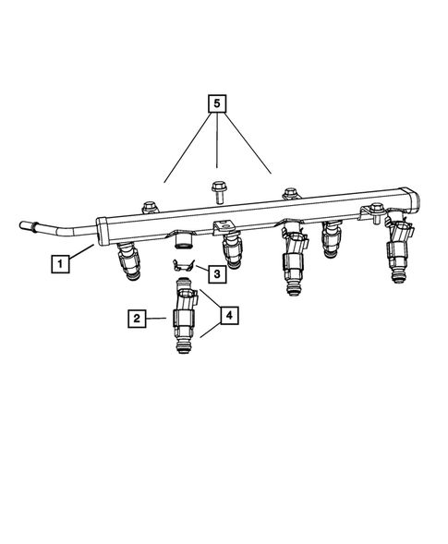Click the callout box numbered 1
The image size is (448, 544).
click(x=60, y=264)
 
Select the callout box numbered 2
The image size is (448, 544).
click(x=137, y=319)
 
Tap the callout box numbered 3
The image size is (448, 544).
click(x=214, y=273)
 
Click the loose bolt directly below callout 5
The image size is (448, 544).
click(x=218, y=191)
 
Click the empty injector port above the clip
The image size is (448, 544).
click(x=183, y=243)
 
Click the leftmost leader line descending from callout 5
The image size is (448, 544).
click(x=186, y=151)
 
